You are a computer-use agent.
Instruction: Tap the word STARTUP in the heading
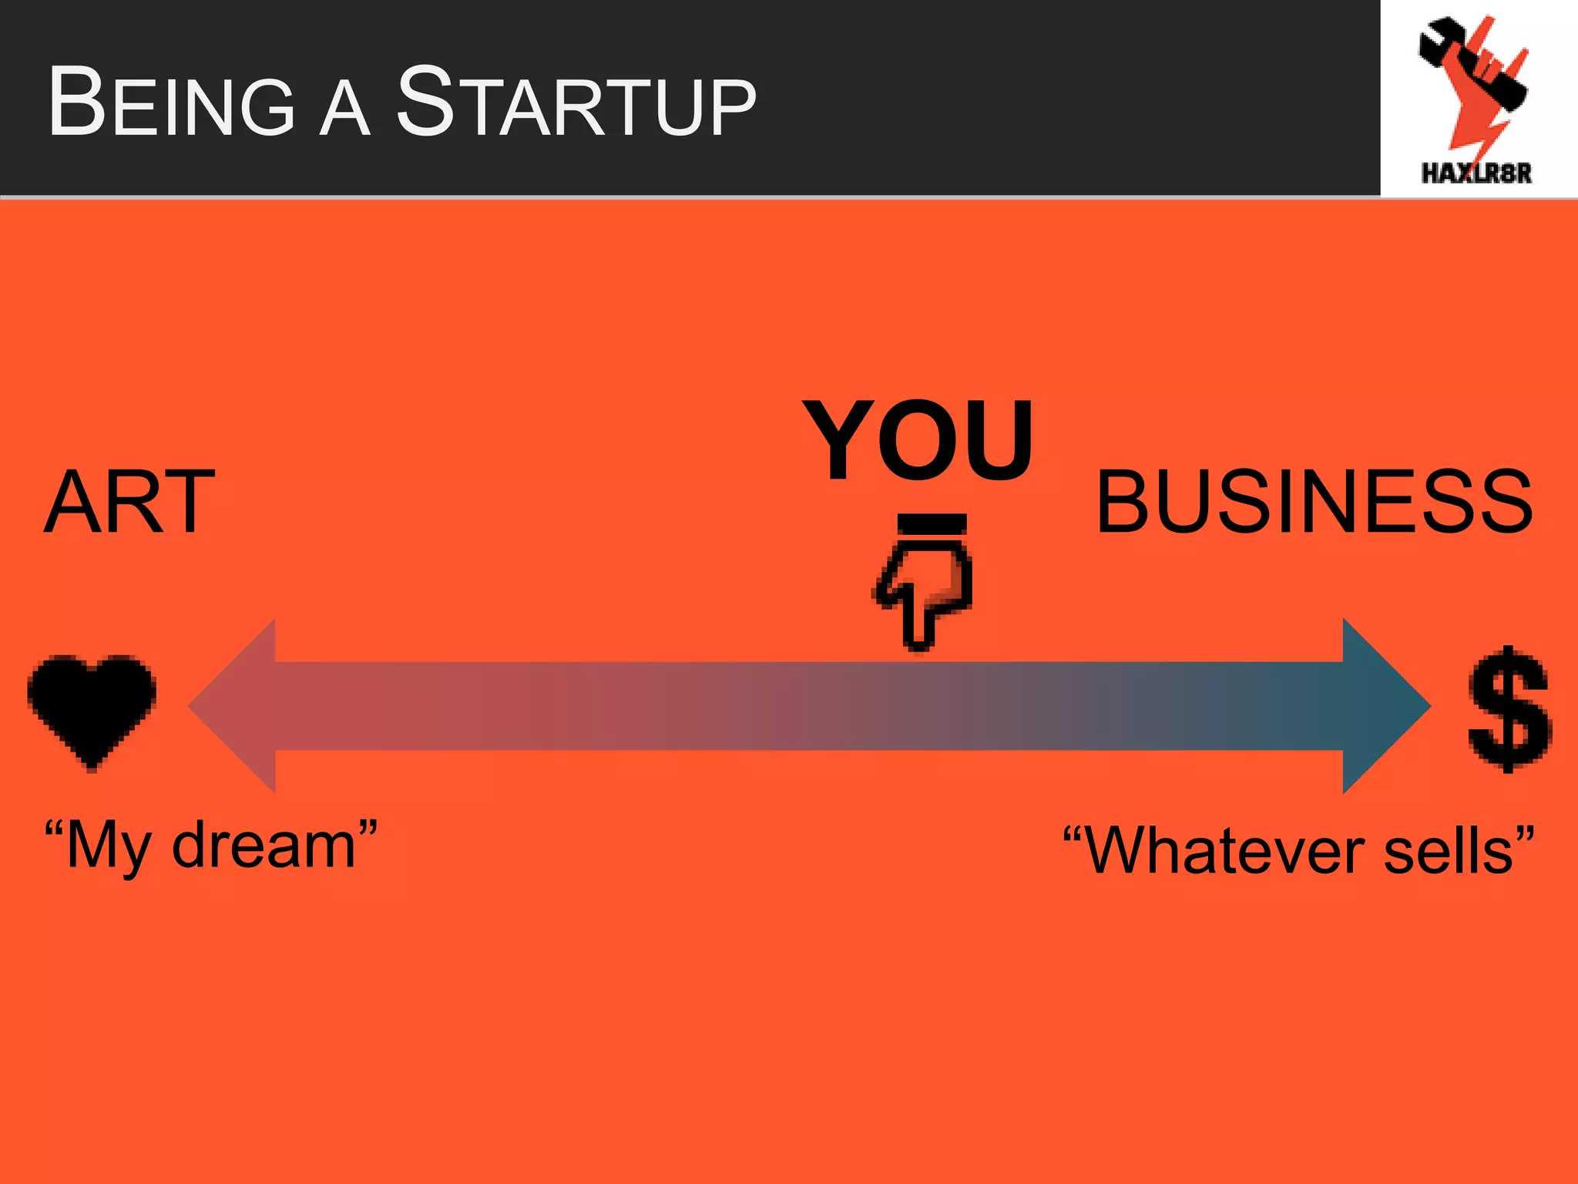point(576,103)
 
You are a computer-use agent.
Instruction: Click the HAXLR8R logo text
point(1476,173)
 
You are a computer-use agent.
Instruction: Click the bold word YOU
point(917,441)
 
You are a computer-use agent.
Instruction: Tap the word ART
point(129,503)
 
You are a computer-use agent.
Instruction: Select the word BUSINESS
point(1314,503)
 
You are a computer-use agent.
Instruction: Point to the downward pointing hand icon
point(925,594)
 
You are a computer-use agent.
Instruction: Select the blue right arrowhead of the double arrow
point(1383,706)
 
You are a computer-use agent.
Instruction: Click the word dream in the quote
point(264,846)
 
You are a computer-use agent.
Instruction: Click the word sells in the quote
point(1449,851)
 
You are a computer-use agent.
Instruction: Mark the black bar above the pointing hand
point(932,524)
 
